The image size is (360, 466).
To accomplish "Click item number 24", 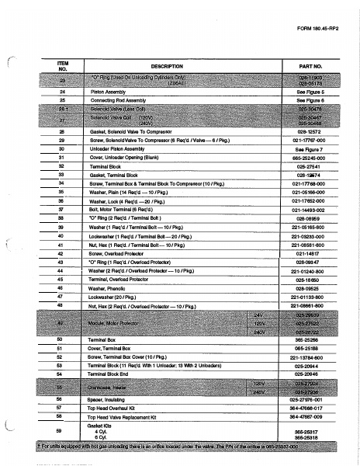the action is point(62,92).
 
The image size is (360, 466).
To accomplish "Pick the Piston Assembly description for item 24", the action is point(119,92).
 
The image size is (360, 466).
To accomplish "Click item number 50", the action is point(62,339).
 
